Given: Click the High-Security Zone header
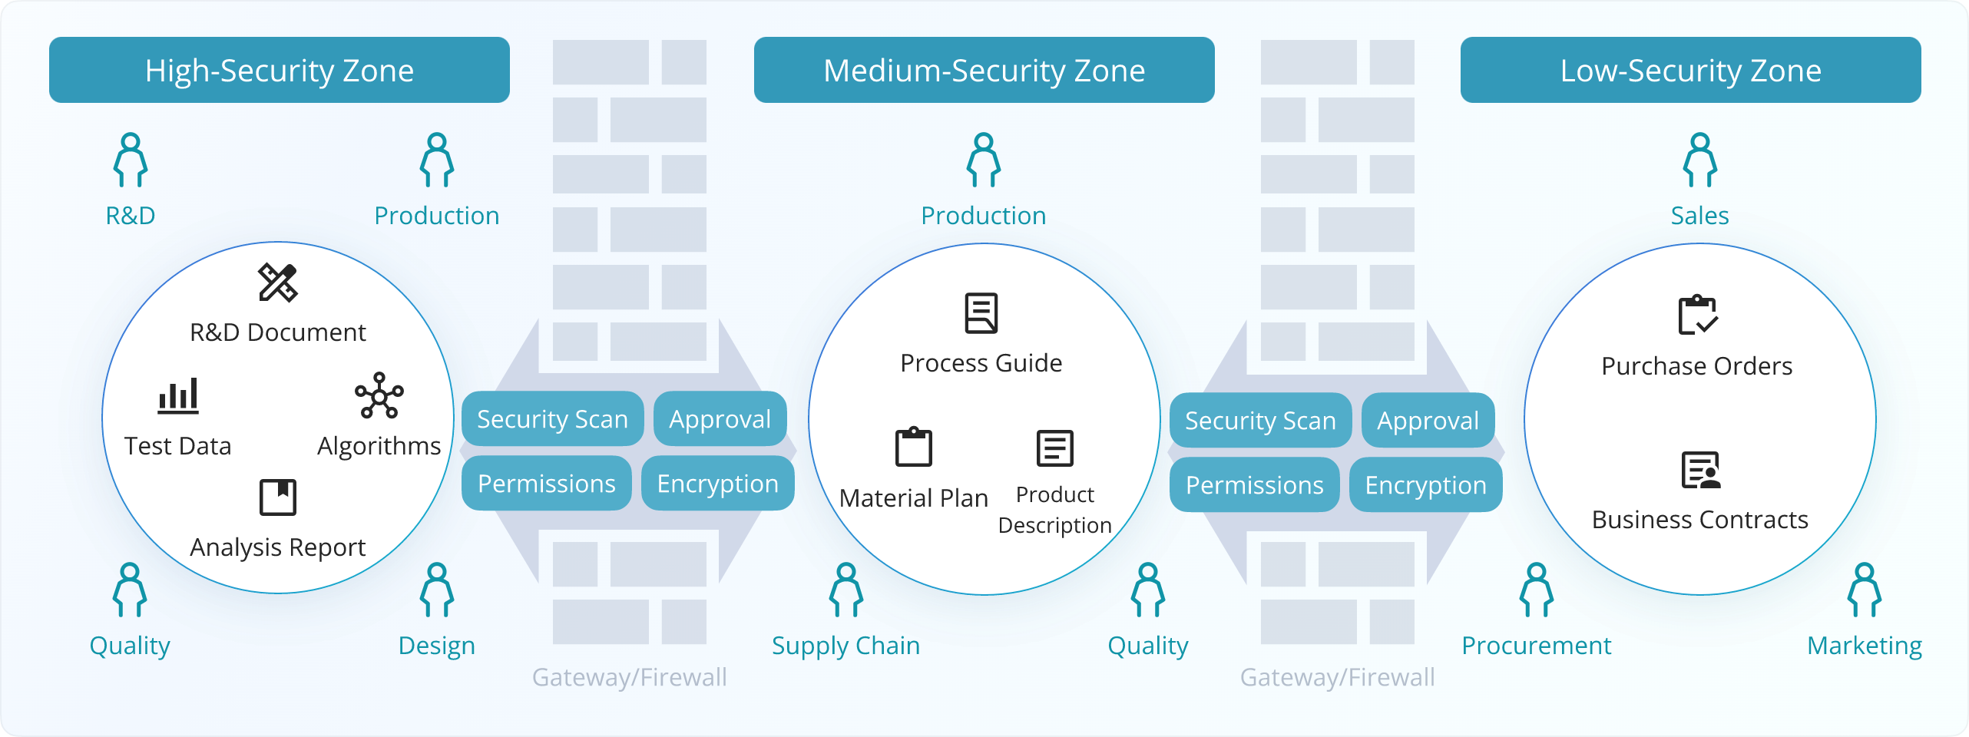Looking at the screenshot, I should tap(280, 70).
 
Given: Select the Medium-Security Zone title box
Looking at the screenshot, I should tap(984, 70).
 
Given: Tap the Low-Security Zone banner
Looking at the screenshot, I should tap(1690, 70).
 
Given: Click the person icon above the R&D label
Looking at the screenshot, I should tap(131, 160).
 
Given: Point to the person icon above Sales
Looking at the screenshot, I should tap(1699, 160).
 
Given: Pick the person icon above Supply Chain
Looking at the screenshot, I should tap(846, 590).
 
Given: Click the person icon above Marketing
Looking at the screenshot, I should tap(1865, 590).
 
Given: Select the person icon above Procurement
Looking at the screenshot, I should tap(1536, 590).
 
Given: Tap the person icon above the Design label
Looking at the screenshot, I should tap(437, 590).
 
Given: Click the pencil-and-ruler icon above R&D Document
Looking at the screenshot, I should tap(277, 283).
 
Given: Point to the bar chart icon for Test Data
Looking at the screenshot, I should tap(178, 396).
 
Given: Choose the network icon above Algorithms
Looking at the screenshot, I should tap(379, 395).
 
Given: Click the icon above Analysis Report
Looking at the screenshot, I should tap(277, 497).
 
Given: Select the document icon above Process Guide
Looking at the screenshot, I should tap(981, 313).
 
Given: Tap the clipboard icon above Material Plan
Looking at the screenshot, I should tap(913, 447).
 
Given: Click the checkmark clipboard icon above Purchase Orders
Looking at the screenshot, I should tap(1697, 315).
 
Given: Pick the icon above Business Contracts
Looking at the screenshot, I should tap(1700, 471).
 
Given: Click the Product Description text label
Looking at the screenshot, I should tap(1054, 510).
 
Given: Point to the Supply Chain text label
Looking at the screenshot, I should tap(846, 646).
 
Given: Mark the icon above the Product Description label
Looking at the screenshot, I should tap(1054, 448).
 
